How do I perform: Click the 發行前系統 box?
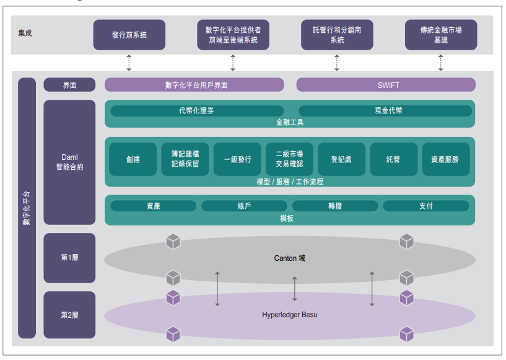pyautogui.click(x=129, y=35)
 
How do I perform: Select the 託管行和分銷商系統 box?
pyautogui.click(x=337, y=35)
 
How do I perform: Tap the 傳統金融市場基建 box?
pyautogui.click(x=441, y=35)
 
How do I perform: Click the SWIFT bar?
pyautogui.click(x=386, y=85)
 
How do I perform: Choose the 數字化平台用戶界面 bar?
pyautogui.click(x=194, y=85)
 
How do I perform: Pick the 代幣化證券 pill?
pyautogui.click(x=196, y=111)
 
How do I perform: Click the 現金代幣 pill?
pyautogui.click(x=385, y=111)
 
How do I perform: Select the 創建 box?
pyautogui.click(x=133, y=159)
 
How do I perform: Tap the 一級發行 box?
pyautogui.click(x=237, y=159)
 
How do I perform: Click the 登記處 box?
pyautogui.click(x=341, y=159)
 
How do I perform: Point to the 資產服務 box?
pyautogui.click(x=445, y=159)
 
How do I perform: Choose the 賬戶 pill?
pyautogui.click(x=244, y=206)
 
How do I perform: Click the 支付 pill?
pyautogui.click(x=426, y=206)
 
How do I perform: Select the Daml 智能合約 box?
pyautogui.click(x=69, y=162)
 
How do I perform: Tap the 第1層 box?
pyautogui.click(x=69, y=258)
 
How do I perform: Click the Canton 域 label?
pyautogui.click(x=290, y=258)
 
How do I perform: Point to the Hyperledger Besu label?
pyautogui.click(x=290, y=315)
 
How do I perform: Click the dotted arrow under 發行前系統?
pyautogui.click(x=129, y=62)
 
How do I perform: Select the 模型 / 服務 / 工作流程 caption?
pyautogui.click(x=289, y=182)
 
